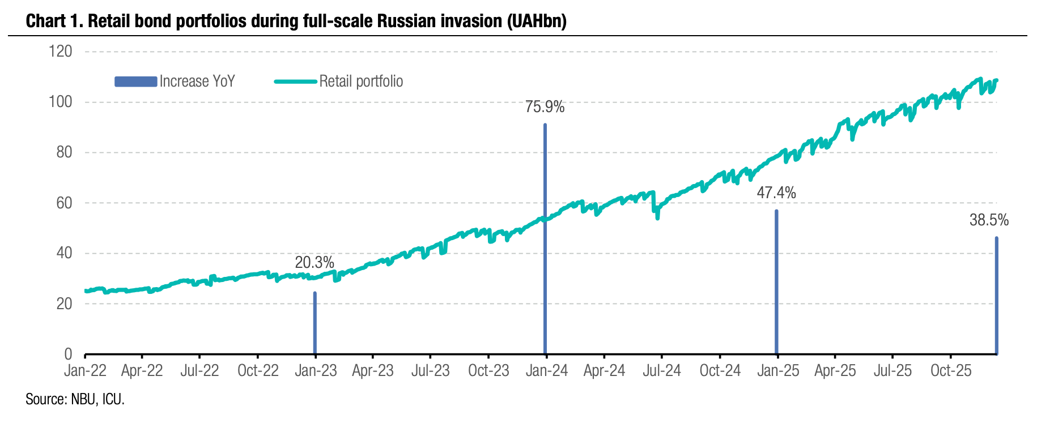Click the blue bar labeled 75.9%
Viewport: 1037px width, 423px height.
[x=545, y=238]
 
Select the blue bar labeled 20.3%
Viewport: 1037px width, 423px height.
[x=315, y=323]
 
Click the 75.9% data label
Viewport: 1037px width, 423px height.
[x=545, y=107]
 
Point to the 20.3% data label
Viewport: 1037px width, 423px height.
[x=314, y=263]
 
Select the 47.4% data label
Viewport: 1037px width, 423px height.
[x=776, y=193]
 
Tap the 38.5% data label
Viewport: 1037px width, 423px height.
[x=989, y=220]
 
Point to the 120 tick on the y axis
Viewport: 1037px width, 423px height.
[x=61, y=52]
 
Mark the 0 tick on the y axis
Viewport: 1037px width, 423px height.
[x=69, y=354]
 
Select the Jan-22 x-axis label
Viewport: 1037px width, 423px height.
[x=85, y=371]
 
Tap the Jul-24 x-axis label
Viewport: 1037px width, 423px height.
[x=662, y=371]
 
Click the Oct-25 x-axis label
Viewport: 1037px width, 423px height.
[x=951, y=371]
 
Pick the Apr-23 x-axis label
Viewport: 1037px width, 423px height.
[x=373, y=371]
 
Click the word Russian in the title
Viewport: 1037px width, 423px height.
[x=406, y=21]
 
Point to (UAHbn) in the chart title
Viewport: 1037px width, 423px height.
[x=537, y=21]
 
